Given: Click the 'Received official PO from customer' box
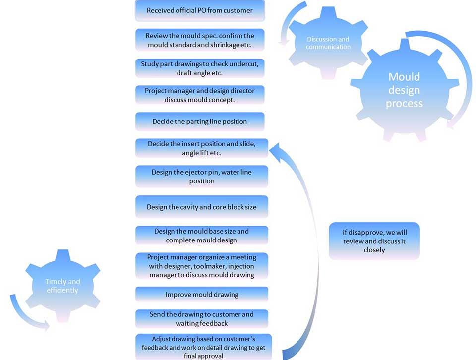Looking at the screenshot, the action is click(200, 10).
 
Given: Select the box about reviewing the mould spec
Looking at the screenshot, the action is click(200, 40).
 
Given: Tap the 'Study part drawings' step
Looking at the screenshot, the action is click(200, 68).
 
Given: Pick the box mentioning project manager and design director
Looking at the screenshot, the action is click(200, 95).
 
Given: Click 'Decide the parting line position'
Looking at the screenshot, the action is click(200, 121).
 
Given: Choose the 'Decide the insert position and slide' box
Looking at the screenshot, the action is click(202, 148).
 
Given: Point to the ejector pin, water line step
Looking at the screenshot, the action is click(202, 177).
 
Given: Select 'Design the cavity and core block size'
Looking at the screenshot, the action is click(202, 207).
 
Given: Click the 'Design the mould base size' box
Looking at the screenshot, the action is click(202, 235).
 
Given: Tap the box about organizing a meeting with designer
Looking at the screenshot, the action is click(202, 266).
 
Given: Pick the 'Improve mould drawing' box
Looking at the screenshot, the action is click(202, 295).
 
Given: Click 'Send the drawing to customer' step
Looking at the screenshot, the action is click(202, 319).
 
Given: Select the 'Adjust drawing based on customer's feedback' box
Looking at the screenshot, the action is click(203, 347).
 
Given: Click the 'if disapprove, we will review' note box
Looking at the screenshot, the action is click(374, 241).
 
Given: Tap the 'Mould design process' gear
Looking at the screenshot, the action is click(404, 90).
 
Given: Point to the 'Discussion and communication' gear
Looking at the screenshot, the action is click(328, 43).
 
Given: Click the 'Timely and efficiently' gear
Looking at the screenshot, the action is click(62, 286).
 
